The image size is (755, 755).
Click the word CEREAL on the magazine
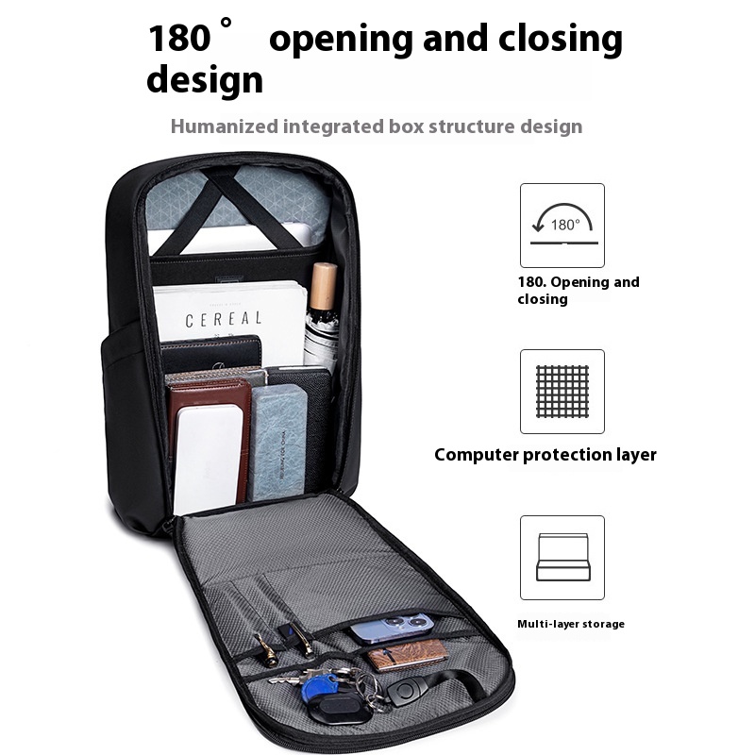pos(224,320)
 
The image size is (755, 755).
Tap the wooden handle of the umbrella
pos(324,285)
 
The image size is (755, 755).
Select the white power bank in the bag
pos(207,459)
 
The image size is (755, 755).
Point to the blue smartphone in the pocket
pos(392,627)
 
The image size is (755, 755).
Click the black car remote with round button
pos(403,691)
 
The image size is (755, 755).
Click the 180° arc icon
pos(562,225)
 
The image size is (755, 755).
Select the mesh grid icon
pos(562,391)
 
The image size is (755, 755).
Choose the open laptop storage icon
pos(562,557)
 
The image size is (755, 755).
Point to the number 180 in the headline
pos(177,39)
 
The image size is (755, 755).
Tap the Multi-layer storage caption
pos(570,624)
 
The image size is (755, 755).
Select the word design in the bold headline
pos(204,79)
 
